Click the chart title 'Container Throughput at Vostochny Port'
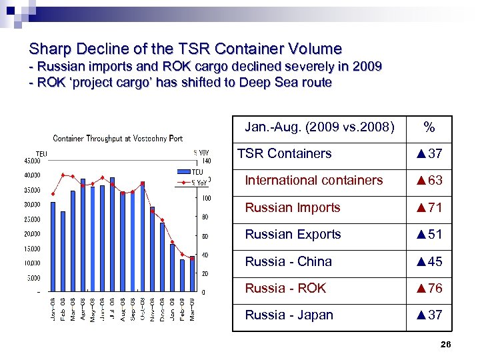click(x=117, y=139)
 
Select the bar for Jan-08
click(x=53, y=247)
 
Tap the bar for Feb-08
click(x=63, y=251)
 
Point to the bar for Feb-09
click(x=182, y=275)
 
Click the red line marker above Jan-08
click(x=53, y=193)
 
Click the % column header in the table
click(x=429, y=127)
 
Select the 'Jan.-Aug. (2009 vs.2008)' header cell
click(x=319, y=127)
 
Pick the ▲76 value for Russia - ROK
click(x=429, y=289)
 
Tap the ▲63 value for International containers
click(x=429, y=181)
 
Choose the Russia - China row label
click(x=288, y=262)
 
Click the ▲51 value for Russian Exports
click(x=429, y=235)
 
